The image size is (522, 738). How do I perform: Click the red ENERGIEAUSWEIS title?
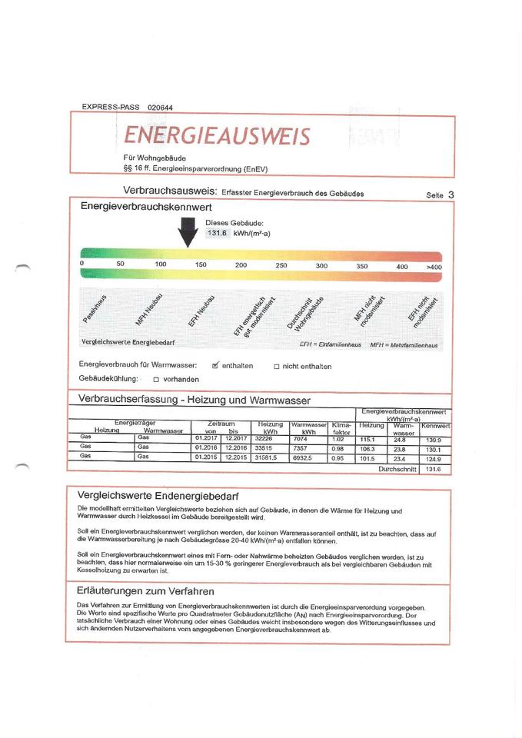pos(217,136)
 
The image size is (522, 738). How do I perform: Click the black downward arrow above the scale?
pos(188,231)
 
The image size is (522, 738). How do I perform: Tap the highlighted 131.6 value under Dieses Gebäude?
pos(218,233)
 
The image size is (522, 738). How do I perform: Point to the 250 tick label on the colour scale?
pos(281,265)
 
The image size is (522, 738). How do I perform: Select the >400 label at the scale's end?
pos(433,266)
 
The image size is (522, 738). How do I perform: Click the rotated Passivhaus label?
pos(96,309)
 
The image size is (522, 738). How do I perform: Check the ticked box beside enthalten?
pos(216,365)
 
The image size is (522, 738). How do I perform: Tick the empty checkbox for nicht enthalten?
pos(277,367)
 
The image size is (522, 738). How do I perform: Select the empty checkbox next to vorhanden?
pos(156,380)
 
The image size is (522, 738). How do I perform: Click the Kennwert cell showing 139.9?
pos(434,439)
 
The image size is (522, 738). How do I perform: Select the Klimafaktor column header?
pos(341,428)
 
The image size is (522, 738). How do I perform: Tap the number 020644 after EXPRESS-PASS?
pos(161,107)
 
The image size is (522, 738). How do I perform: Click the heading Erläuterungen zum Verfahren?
pos(146,591)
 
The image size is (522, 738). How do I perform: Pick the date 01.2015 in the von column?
pos(207,457)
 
